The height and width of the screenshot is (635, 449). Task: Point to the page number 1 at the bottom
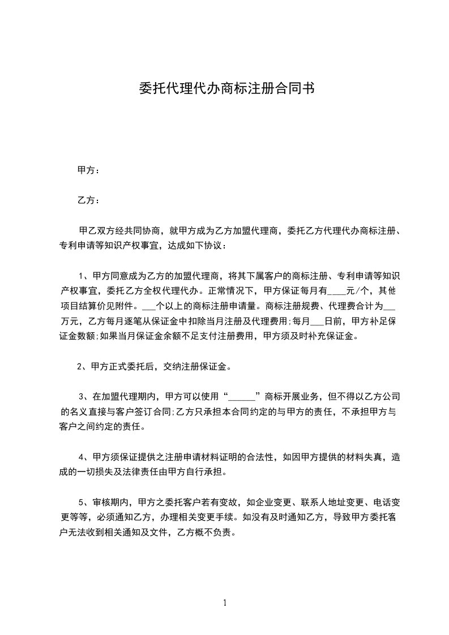tap(225, 603)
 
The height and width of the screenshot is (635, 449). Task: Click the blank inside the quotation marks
tap(242, 397)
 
